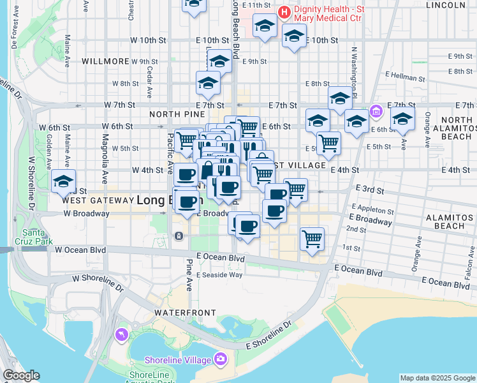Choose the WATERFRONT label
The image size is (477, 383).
(x=179, y=313)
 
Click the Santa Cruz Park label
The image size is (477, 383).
(x=35, y=237)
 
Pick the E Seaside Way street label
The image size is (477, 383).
(x=219, y=274)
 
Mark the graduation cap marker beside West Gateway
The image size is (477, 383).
(x=63, y=182)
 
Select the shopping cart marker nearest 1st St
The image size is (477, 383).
(x=312, y=239)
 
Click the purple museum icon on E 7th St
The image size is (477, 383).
(x=376, y=112)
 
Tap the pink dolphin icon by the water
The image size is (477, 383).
(x=121, y=334)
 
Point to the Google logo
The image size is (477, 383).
(x=21, y=375)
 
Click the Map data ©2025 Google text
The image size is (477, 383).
(x=437, y=378)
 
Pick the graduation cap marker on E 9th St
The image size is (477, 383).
(x=219, y=61)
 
